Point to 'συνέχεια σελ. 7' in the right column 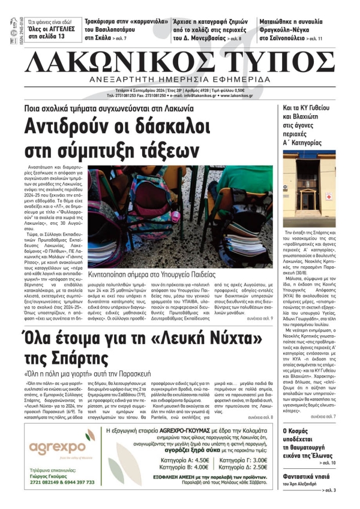pyautogui.click(x=323, y=432)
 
